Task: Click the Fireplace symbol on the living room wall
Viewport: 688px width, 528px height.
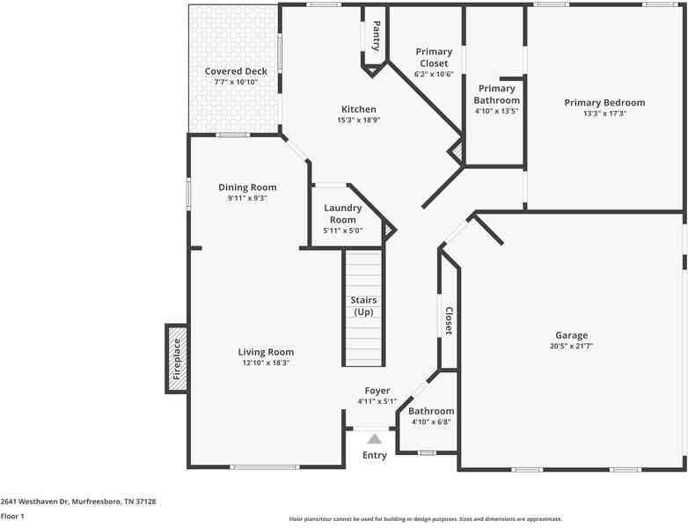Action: point(176,358)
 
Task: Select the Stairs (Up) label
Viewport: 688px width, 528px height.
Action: point(363,306)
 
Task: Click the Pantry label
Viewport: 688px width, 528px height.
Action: point(377,35)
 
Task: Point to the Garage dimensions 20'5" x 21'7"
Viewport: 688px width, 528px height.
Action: point(571,346)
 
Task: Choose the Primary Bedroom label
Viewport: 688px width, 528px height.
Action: point(604,102)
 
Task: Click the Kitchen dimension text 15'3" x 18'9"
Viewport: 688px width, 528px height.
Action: point(358,120)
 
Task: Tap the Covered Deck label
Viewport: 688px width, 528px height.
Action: point(235,71)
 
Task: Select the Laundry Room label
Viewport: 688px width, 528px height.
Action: point(343,214)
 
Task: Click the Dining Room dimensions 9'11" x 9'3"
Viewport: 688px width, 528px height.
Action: point(247,198)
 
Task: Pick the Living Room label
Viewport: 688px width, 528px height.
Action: point(266,352)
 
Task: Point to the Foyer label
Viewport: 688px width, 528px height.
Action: point(377,391)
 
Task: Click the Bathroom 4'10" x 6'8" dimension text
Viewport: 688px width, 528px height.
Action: point(431,422)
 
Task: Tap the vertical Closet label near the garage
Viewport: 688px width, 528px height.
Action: point(448,320)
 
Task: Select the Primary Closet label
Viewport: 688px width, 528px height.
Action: point(434,57)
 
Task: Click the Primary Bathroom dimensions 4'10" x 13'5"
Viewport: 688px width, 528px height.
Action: point(496,111)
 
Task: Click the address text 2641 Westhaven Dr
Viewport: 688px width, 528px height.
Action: point(78,502)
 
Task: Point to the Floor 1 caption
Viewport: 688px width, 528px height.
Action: point(12,517)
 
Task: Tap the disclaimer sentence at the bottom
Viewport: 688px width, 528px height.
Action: point(425,519)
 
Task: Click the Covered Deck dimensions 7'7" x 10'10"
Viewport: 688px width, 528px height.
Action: point(235,82)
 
